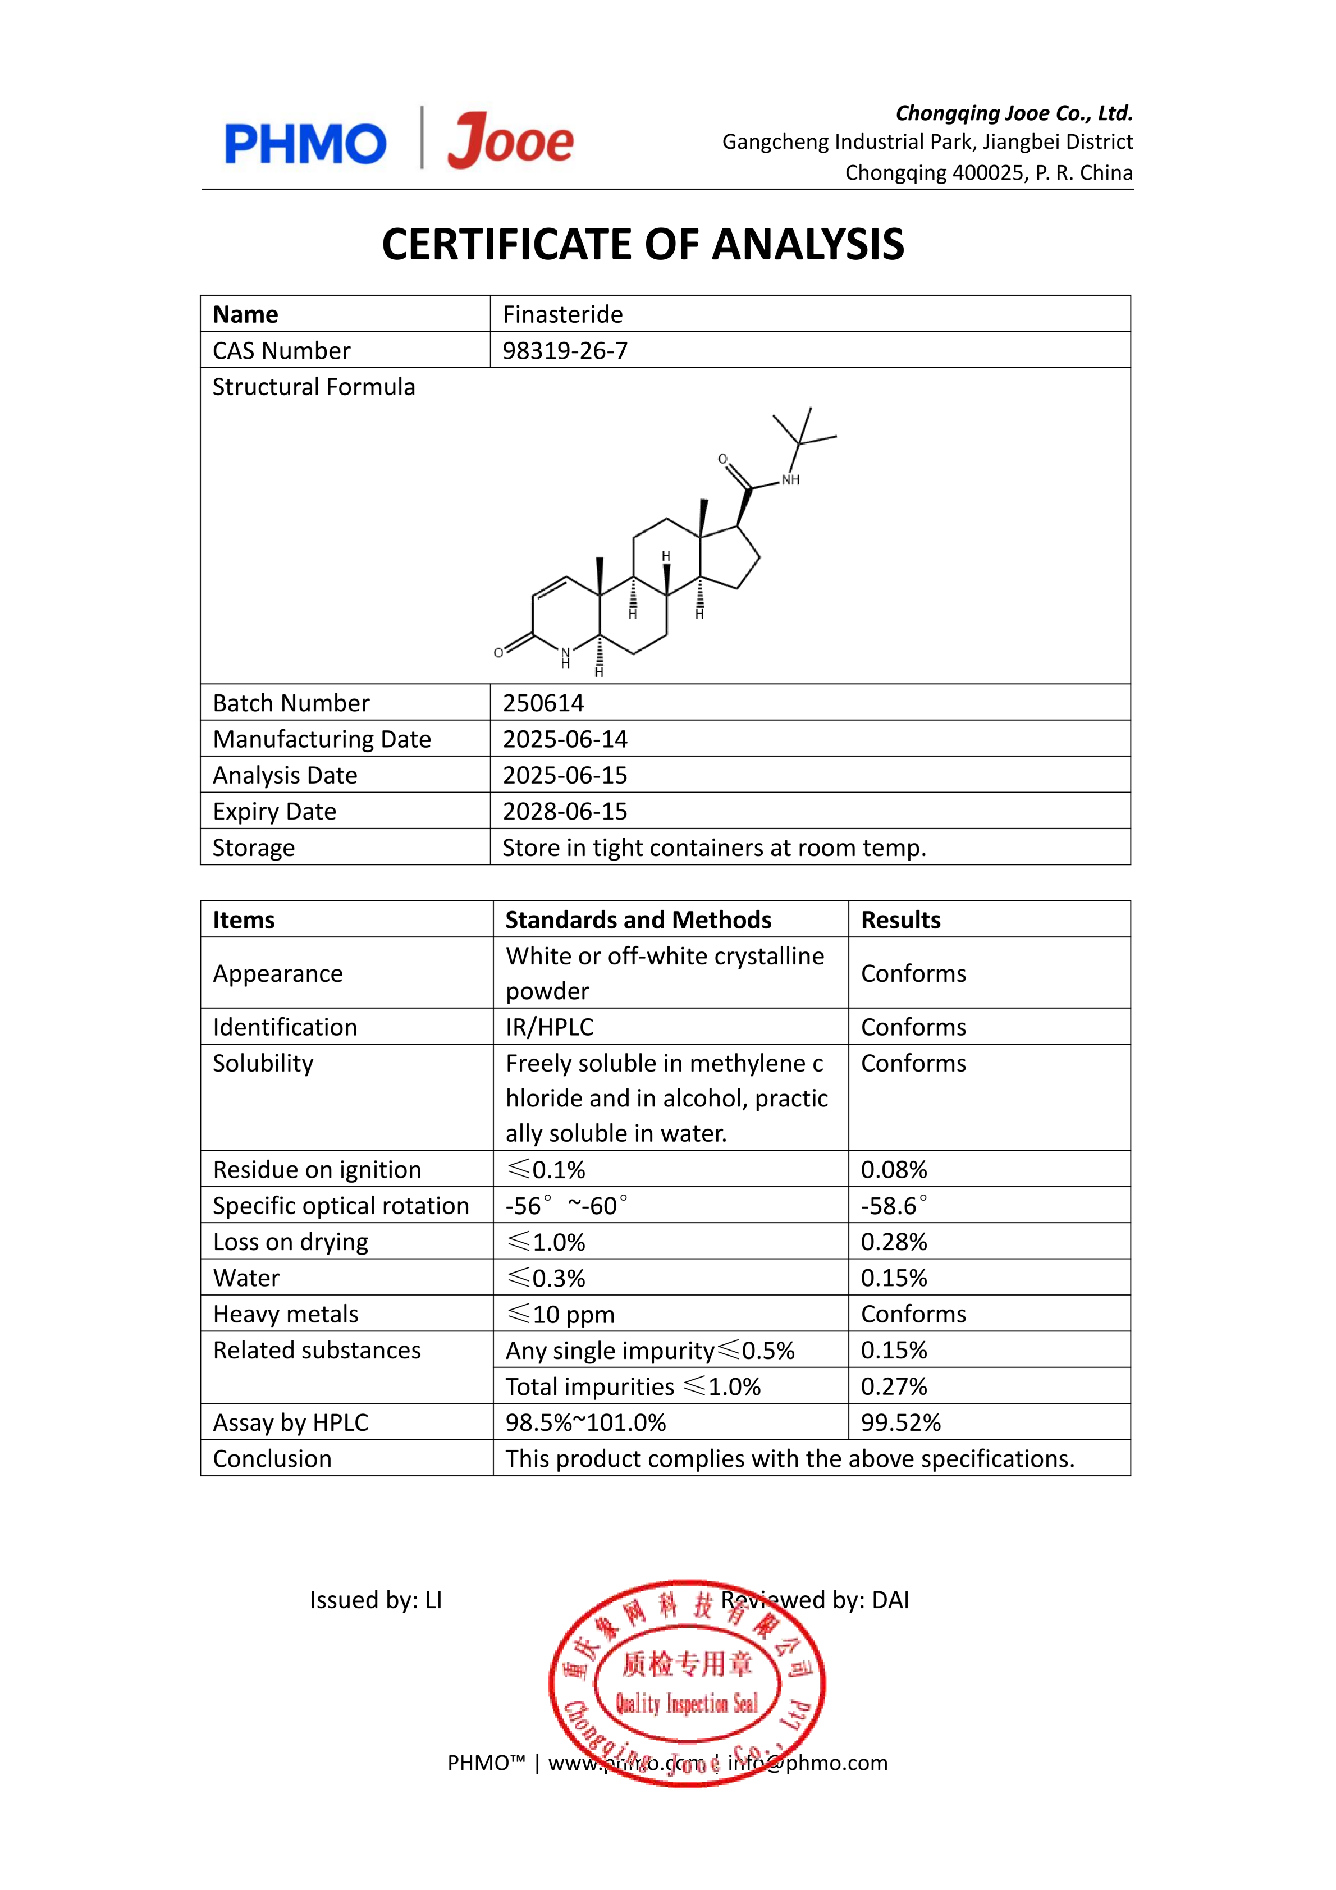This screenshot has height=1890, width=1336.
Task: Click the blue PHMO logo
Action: [x=305, y=144]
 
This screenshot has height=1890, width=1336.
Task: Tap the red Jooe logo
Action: [x=510, y=141]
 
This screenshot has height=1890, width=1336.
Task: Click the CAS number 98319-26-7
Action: [x=565, y=351]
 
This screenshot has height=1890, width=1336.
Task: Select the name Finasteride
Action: [x=562, y=314]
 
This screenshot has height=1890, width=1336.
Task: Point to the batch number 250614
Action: [x=543, y=703]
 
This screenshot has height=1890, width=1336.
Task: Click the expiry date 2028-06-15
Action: [x=565, y=812]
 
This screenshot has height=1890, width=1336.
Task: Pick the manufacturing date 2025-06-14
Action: [x=565, y=739]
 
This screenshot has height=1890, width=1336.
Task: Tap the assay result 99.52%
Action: [x=900, y=1422]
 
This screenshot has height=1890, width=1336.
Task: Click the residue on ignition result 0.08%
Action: [x=894, y=1170]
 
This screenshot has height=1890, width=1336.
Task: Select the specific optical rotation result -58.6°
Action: [x=894, y=1206]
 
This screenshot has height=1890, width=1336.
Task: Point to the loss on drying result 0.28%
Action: [x=894, y=1242]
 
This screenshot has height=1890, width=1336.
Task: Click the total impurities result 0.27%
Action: [x=894, y=1387]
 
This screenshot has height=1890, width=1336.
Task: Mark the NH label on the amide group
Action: [x=790, y=480]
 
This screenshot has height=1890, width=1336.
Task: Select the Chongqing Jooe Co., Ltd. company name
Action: [x=1014, y=113]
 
